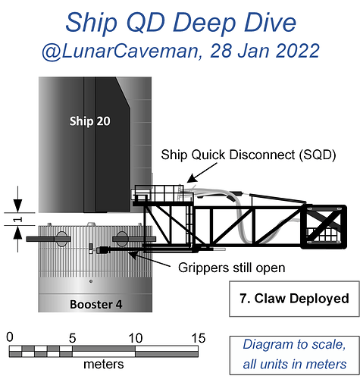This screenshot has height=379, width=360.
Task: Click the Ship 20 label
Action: (x=90, y=121)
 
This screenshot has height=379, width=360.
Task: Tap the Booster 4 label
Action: (x=95, y=304)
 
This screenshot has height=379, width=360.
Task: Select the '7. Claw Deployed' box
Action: (x=294, y=299)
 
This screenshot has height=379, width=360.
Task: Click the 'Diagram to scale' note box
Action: (x=294, y=355)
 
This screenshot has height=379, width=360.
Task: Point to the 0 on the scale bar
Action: (x=10, y=337)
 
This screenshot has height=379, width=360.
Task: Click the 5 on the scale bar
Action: (x=72, y=338)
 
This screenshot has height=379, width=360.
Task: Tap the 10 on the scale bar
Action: (x=136, y=338)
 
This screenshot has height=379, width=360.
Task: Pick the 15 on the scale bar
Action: (x=199, y=338)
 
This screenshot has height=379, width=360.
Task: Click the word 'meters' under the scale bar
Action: (x=104, y=365)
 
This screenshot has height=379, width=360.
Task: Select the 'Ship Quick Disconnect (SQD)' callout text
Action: (x=249, y=155)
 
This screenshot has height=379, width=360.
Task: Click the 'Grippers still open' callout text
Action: (x=232, y=268)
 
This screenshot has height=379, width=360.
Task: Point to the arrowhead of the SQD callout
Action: (x=190, y=179)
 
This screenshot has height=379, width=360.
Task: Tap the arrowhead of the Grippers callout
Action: (x=132, y=254)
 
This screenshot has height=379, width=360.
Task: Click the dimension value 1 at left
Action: (x=17, y=219)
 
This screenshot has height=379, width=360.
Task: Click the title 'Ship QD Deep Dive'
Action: (x=181, y=22)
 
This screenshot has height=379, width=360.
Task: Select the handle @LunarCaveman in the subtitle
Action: (x=121, y=52)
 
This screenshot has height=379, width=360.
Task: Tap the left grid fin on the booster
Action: (x=49, y=239)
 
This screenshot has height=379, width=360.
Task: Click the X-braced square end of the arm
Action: (x=324, y=227)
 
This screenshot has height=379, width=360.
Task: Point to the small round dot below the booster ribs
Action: (x=91, y=281)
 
